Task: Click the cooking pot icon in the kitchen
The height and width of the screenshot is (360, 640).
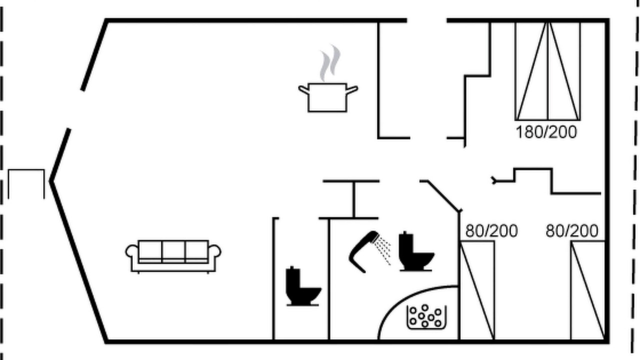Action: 327,97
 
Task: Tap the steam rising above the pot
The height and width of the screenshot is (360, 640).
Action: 330,63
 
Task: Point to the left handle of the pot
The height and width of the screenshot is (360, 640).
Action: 304,89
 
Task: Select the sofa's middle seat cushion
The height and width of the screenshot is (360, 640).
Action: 173,250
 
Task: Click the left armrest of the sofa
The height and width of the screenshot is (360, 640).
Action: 131,251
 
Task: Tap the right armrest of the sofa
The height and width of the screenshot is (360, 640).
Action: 214,251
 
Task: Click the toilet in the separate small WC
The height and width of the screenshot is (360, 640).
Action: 303,286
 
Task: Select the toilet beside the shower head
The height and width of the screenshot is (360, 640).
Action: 416,251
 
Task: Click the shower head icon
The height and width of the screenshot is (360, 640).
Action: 363,251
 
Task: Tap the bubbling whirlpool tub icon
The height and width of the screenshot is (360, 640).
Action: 426,317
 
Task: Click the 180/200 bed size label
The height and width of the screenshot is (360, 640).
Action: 546,132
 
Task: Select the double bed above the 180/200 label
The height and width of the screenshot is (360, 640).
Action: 547,71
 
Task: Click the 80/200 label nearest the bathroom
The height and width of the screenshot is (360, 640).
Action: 491,231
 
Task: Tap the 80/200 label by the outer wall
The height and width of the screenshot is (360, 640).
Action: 571,231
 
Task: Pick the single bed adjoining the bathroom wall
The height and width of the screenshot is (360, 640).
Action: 477,290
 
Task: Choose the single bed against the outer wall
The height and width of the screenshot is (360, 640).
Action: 588,290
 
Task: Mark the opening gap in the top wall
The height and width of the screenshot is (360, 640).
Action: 427,20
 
